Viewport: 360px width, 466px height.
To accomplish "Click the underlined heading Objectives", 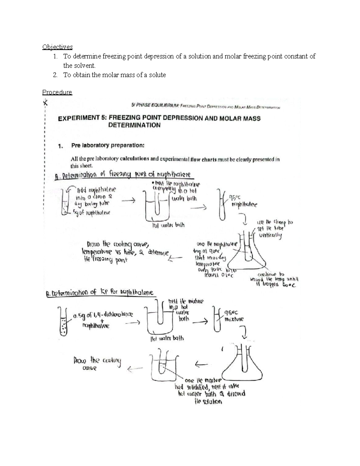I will coord(57,47).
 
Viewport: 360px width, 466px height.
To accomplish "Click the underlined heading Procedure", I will coord(57,92).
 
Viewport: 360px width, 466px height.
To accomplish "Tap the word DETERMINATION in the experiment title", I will coord(134,125).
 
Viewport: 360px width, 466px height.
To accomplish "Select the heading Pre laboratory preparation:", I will coord(108,146).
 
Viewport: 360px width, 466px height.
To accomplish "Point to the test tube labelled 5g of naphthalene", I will coord(64,203).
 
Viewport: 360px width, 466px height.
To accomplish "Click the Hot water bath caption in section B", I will coord(166,338).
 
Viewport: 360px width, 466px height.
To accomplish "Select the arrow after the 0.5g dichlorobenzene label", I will coord(133,323).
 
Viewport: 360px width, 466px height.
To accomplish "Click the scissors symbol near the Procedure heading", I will coord(45,103).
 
